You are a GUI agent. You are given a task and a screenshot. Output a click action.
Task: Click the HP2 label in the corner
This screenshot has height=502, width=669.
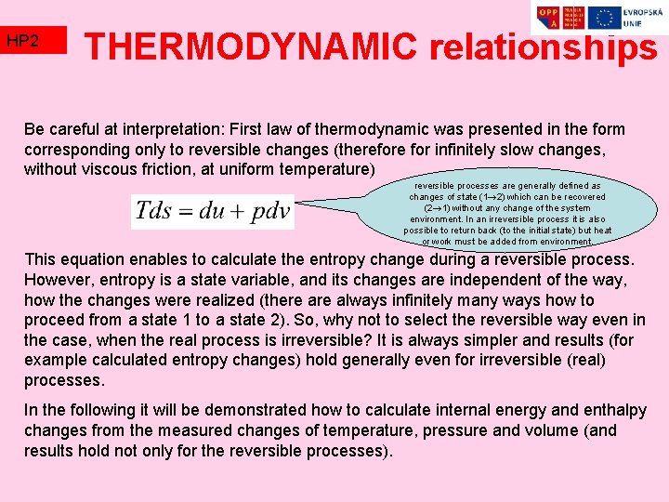coord(22,41)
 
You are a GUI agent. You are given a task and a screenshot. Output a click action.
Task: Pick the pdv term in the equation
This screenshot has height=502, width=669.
coord(269,212)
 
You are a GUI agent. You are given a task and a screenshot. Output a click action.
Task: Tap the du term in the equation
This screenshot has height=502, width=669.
coord(214,212)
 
